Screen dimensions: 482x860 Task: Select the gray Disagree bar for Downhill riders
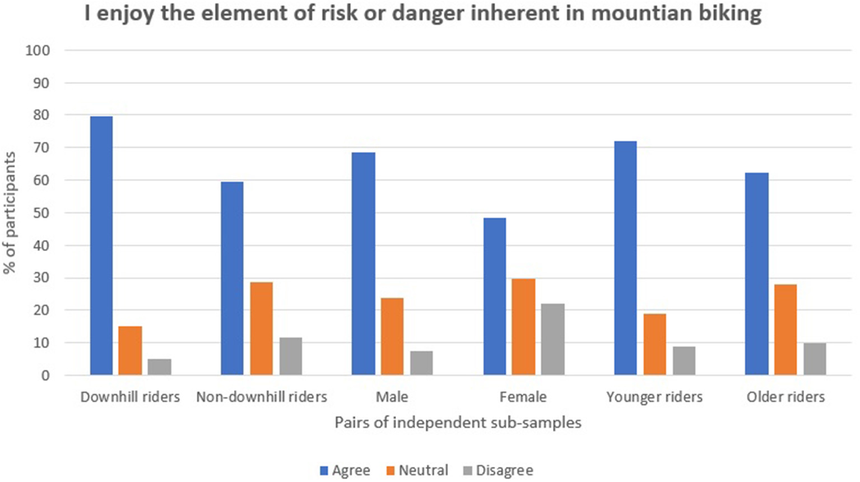pyautogui.click(x=160, y=367)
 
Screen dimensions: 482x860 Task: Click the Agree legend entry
pyautogui.click(x=345, y=470)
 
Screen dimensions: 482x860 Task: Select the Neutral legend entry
pyautogui.click(x=417, y=470)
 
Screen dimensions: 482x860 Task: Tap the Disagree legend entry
pyautogui.click(x=498, y=470)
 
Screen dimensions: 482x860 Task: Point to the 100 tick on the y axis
pyautogui.click(x=38, y=50)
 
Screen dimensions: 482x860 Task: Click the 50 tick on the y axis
pyautogui.click(x=41, y=213)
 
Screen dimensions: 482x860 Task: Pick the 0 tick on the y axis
pyautogui.click(x=45, y=376)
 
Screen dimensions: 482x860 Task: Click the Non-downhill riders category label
pyautogui.click(x=262, y=397)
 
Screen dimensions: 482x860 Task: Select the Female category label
pyautogui.click(x=523, y=397)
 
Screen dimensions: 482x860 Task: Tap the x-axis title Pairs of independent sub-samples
pyautogui.click(x=458, y=422)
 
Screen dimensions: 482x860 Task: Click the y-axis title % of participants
pyautogui.click(x=10, y=213)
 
